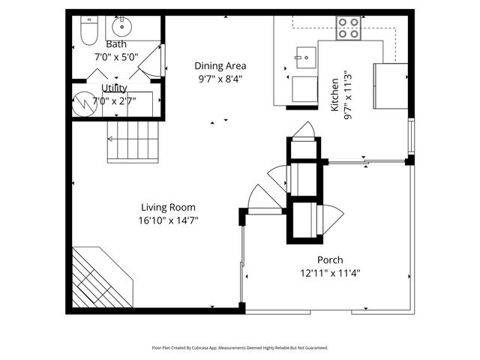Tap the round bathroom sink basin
tap(122, 28)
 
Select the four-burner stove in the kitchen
tap(348, 28)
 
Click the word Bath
tap(115, 44)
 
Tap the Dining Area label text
tap(220, 65)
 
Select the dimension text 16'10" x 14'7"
tap(168, 220)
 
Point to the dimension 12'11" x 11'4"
tap(330, 272)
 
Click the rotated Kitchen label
tap(335, 94)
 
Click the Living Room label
tap(168, 208)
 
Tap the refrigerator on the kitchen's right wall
tap(391, 86)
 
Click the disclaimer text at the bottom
tap(240, 348)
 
